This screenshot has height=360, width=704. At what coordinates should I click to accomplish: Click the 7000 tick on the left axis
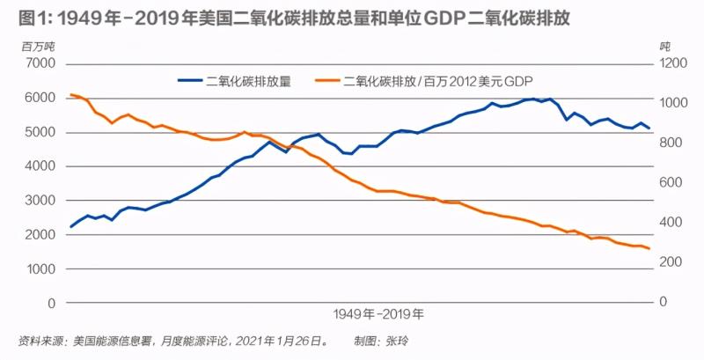40,64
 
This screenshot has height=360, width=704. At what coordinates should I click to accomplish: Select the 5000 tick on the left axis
40,132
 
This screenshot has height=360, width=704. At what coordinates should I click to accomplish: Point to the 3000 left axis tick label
40,201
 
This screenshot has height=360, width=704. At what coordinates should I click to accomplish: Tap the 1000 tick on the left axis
40,268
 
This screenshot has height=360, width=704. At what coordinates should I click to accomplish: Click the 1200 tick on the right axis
674,64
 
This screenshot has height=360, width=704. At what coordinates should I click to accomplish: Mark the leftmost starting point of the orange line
71,94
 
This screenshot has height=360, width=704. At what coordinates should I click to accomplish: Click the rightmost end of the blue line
649,129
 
